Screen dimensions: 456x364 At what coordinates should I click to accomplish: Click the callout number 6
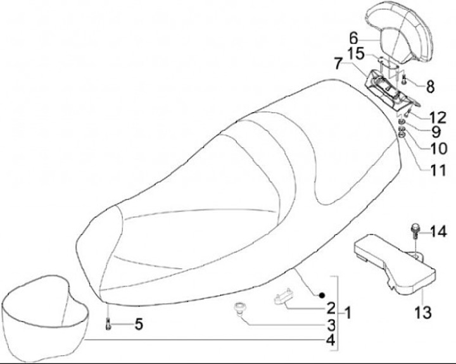372,37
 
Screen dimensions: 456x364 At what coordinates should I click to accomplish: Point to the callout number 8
431,84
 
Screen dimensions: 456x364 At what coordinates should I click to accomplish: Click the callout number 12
437,117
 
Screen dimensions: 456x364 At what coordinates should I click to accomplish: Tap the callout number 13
423,312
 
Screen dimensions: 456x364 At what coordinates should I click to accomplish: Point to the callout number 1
346,312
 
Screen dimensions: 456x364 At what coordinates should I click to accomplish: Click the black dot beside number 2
321,295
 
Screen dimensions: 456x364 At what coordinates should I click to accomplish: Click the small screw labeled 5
108,325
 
